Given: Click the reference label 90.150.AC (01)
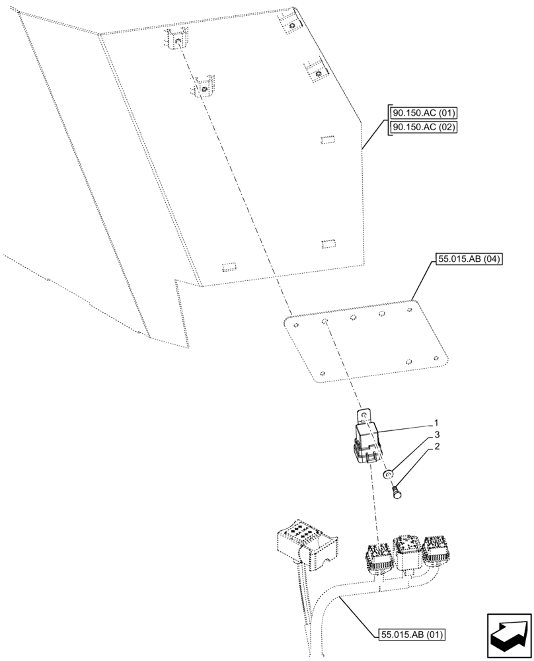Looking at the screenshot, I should (424, 114).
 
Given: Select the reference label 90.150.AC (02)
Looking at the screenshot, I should (424, 128).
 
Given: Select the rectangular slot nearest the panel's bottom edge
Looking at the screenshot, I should (229, 266).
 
